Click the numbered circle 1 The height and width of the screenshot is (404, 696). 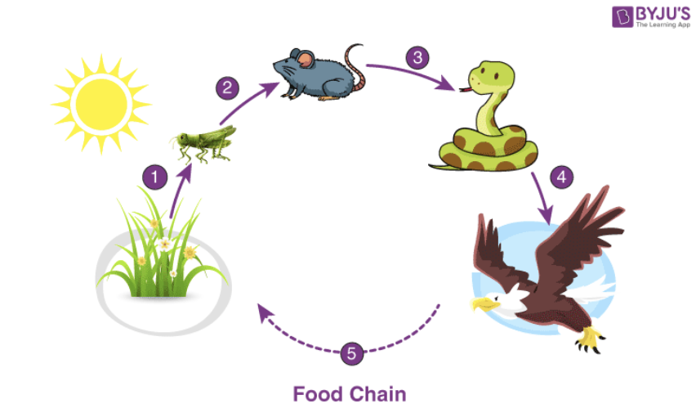click(x=153, y=175)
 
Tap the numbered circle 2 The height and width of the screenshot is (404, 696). click(x=227, y=88)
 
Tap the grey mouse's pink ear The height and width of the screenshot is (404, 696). click(x=305, y=59)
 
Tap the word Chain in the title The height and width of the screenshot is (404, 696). click(x=376, y=393)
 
